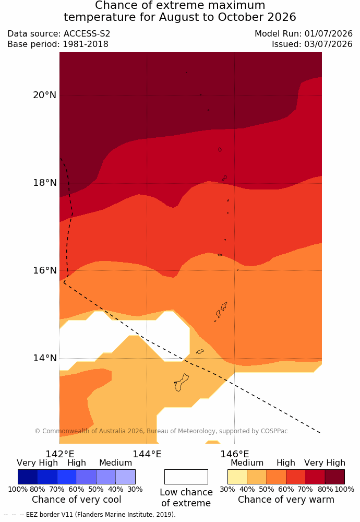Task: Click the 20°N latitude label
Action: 44,95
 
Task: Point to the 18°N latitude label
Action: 44,182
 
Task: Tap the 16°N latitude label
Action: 44,270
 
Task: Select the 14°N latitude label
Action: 44,358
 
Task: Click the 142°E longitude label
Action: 60,454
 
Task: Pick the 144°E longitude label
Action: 147,454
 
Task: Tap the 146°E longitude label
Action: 235,454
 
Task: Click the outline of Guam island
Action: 185,377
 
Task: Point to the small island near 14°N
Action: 200,351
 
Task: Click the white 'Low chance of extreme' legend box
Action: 186,477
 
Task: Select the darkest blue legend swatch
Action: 28,477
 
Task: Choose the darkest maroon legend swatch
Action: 335,477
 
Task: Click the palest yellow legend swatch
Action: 237,477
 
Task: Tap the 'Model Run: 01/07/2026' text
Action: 304,33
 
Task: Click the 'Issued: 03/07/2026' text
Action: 312,44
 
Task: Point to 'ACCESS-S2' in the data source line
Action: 87,33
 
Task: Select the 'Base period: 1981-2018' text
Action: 58,44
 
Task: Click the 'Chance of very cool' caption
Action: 77,500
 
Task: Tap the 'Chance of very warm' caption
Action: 286,500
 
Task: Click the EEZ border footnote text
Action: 90,514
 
